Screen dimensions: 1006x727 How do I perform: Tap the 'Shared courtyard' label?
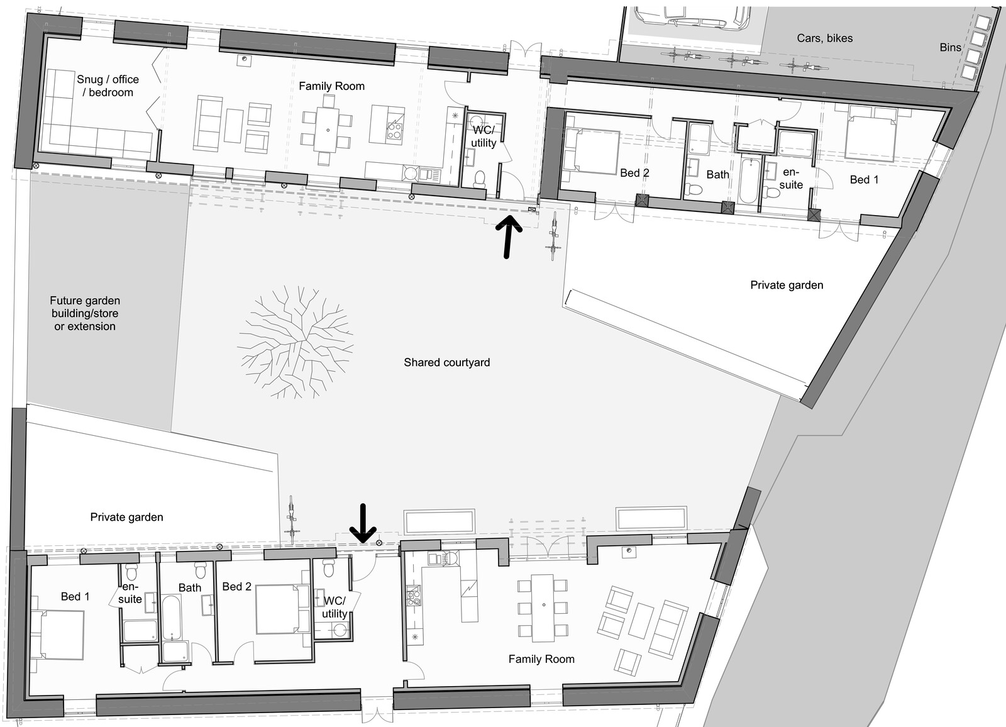point(447,362)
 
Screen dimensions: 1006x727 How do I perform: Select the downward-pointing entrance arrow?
point(363,523)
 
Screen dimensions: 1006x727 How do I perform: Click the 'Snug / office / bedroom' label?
point(108,86)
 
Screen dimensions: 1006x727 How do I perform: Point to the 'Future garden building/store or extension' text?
point(85,313)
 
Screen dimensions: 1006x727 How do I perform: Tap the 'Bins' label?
point(950,47)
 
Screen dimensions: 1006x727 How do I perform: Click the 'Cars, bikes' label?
point(824,38)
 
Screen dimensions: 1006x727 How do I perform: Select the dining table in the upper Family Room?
point(328,130)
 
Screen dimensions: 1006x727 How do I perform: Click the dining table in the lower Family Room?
point(543,608)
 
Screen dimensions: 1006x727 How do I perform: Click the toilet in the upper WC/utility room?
point(479,179)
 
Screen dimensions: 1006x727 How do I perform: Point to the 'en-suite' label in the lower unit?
point(130,592)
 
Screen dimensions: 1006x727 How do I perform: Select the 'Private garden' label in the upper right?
point(787,285)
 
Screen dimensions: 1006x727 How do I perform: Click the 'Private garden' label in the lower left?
point(126,517)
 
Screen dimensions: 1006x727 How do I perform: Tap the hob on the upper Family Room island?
point(394,131)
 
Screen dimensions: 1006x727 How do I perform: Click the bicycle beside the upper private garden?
point(554,236)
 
